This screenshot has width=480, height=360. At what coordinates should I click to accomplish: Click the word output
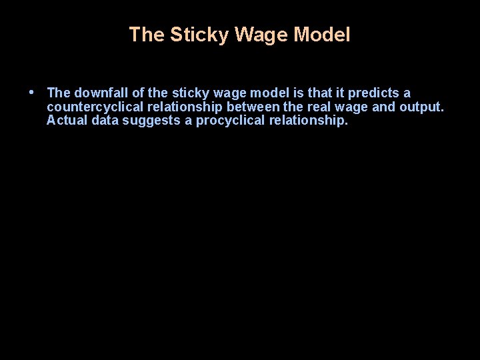click(421, 107)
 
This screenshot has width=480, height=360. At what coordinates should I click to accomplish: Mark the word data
click(104, 121)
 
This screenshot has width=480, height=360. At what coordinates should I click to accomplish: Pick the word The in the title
click(147, 35)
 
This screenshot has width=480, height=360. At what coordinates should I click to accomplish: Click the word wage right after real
click(351, 107)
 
